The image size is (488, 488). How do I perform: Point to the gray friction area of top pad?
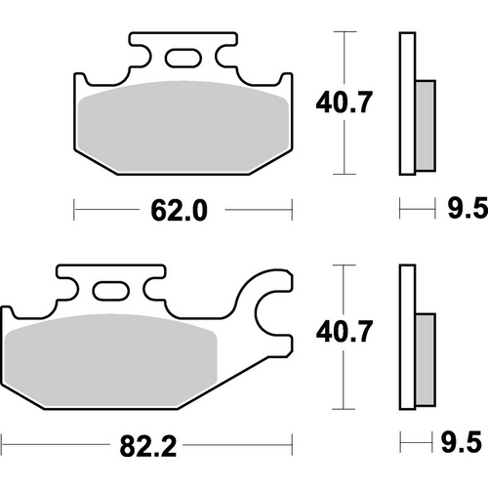point(182,132)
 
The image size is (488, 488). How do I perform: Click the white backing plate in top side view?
point(408,102)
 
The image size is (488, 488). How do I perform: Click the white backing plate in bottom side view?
point(408,337)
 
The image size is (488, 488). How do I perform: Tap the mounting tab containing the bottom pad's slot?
point(109,278)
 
